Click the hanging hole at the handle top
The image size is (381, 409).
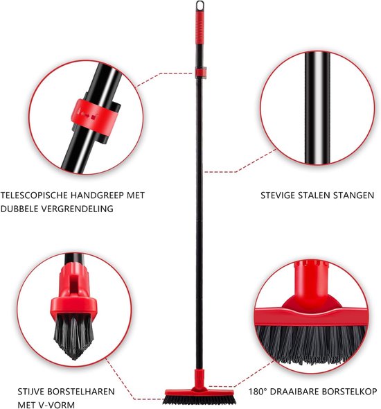click(200, 6)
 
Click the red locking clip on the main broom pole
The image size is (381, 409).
click(201, 71)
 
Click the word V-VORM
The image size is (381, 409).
click(55, 405)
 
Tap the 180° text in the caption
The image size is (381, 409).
click(258, 392)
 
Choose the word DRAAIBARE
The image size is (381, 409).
click(294, 392)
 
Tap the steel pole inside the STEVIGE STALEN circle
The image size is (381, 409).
click(317, 107)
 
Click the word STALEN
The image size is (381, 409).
click(312, 195)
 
